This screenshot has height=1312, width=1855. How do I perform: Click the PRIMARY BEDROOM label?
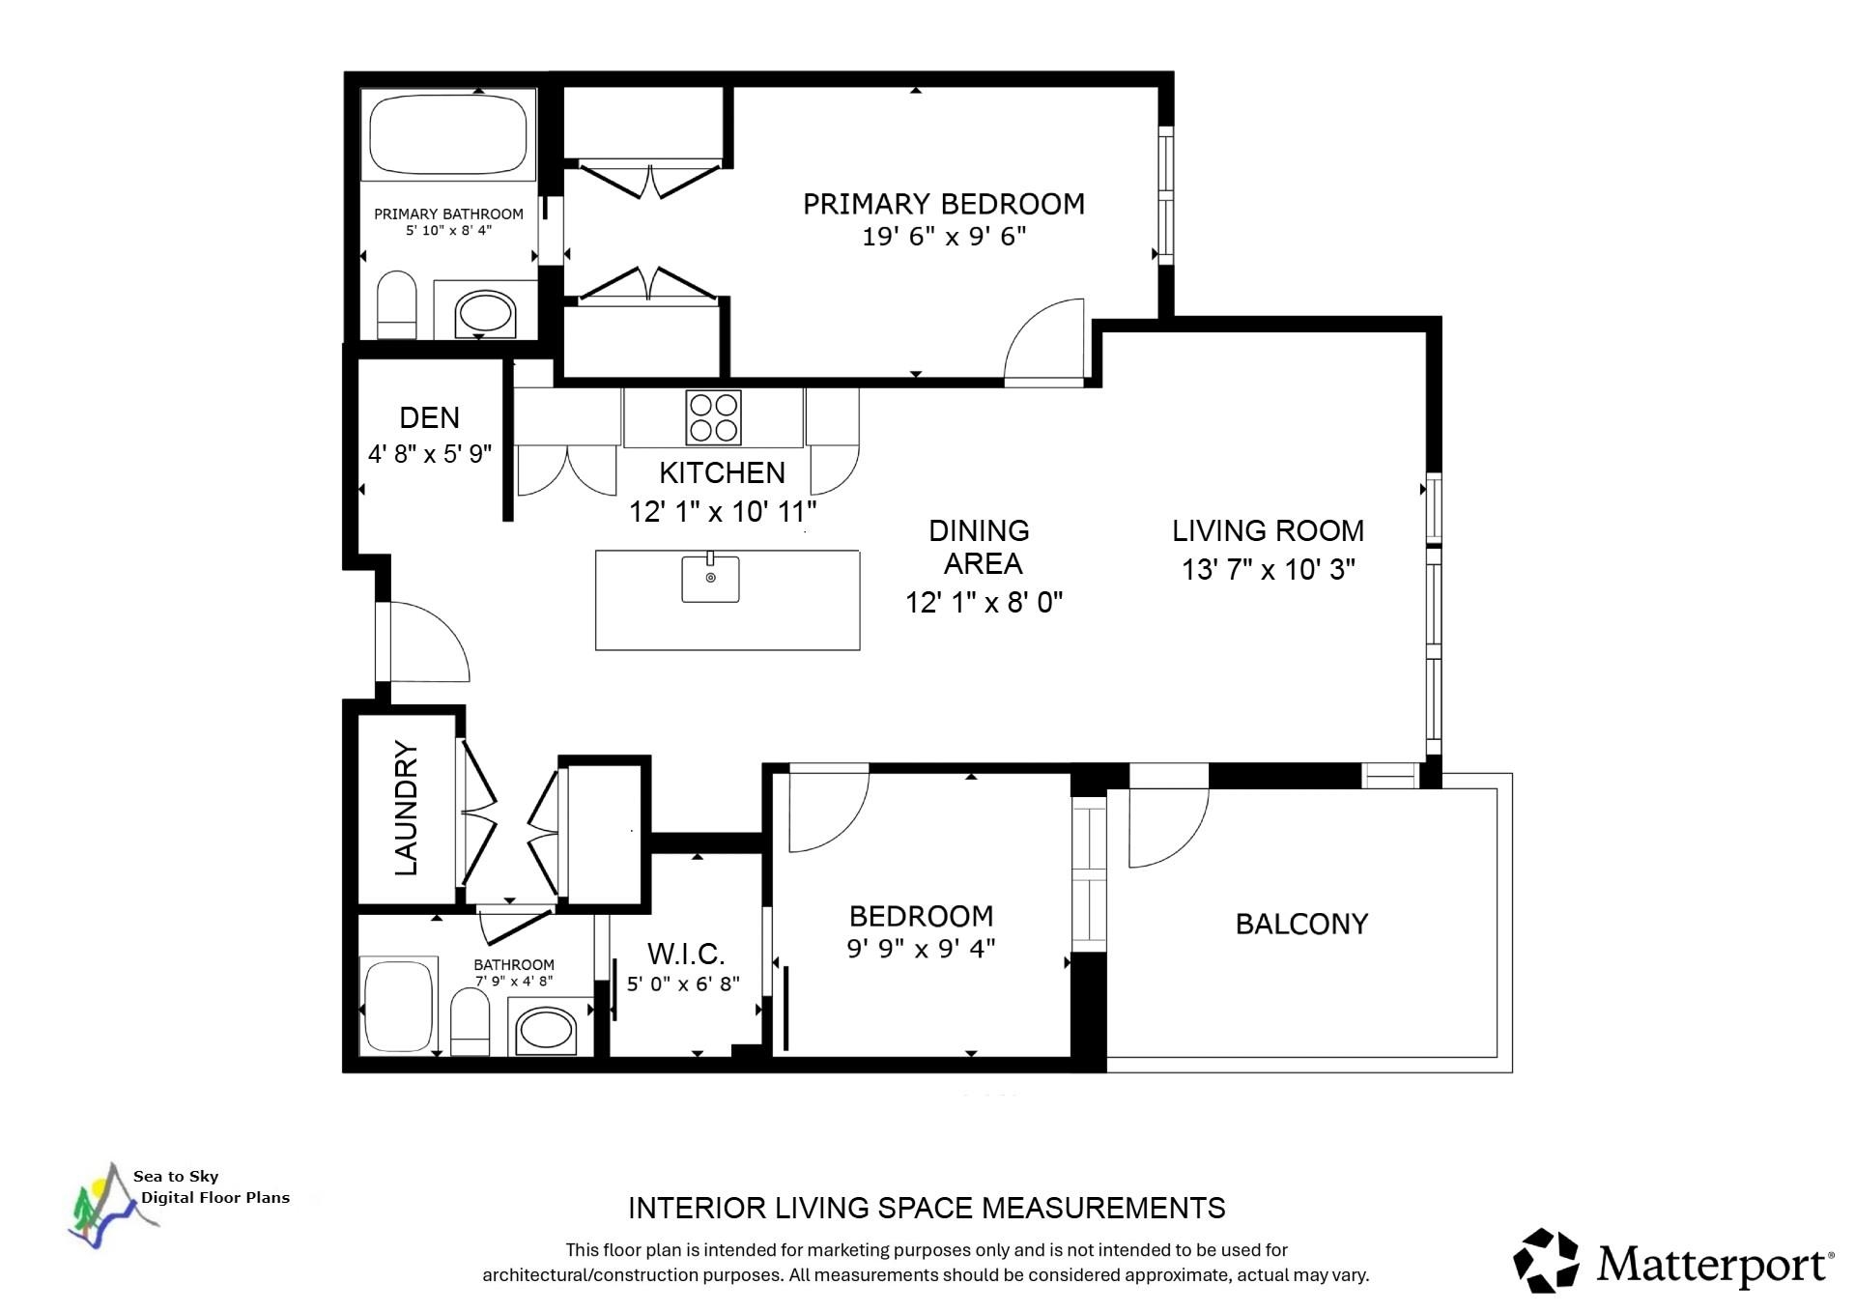tap(944, 204)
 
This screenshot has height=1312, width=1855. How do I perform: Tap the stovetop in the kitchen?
tap(713, 417)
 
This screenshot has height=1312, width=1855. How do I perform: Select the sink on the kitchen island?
tap(710, 578)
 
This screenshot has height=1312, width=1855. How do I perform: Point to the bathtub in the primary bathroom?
tap(448, 134)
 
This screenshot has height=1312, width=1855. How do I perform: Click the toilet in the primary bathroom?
tap(396, 304)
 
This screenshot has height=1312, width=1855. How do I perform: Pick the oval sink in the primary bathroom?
tap(485, 312)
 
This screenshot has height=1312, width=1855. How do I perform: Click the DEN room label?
tap(430, 417)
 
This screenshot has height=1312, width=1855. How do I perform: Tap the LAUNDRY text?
tap(407, 809)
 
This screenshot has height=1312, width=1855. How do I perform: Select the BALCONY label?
tap(1302, 924)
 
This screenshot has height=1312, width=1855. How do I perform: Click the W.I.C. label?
tap(686, 954)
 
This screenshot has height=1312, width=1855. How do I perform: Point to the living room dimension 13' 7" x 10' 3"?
tap(1269, 569)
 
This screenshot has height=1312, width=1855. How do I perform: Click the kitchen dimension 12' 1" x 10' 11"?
tap(723, 511)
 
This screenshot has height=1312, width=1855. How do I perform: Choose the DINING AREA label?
tap(981, 547)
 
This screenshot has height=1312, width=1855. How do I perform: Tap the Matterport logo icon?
tap(1547, 1260)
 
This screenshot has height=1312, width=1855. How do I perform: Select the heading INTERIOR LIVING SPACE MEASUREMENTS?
tap(927, 1208)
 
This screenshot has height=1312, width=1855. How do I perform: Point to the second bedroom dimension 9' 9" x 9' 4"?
tap(922, 949)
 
